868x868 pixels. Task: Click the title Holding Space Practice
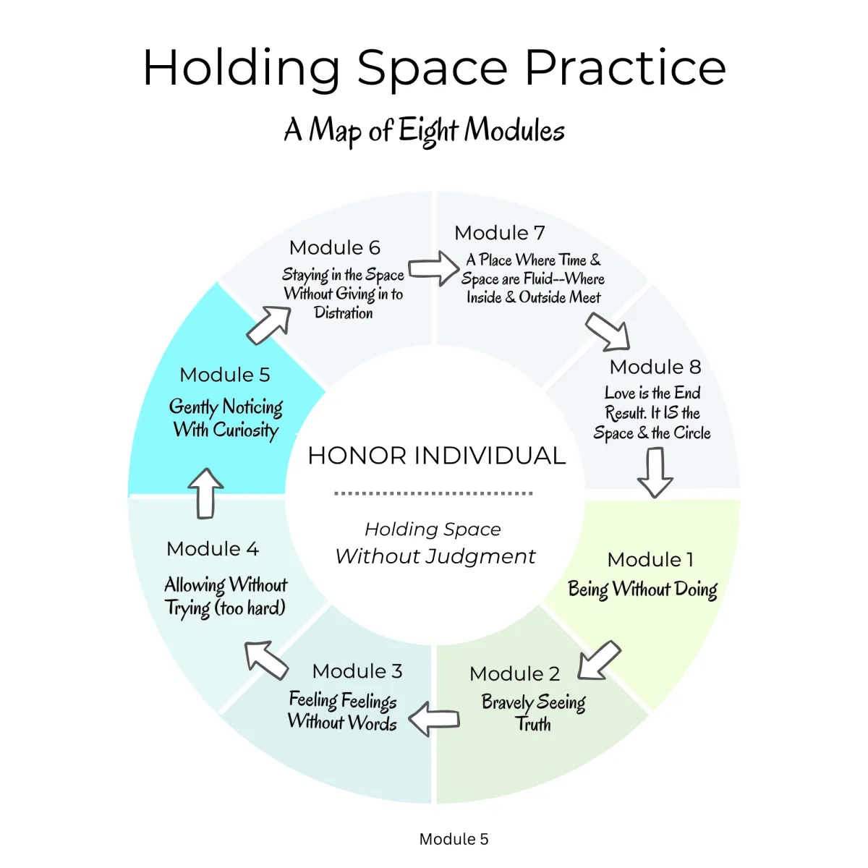click(x=434, y=69)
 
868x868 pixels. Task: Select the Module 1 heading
click(x=650, y=560)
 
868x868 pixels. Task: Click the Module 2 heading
click(x=514, y=674)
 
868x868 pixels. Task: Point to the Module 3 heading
click(x=357, y=671)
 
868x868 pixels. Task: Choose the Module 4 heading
click(x=213, y=548)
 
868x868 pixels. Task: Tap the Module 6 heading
click(x=335, y=248)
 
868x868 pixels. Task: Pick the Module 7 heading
click(x=500, y=233)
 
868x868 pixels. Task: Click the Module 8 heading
click(x=655, y=367)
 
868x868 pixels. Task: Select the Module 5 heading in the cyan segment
click(x=225, y=375)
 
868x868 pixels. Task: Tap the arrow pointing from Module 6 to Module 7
click(x=433, y=268)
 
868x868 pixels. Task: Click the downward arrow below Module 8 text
click(x=655, y=472)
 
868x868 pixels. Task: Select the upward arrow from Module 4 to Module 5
click(x=205, y=494)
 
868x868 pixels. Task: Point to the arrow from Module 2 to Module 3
click(x=434, y=719)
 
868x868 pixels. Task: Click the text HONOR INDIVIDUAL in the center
click(x=436, y=456)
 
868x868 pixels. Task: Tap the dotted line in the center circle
click(x=433, y=493)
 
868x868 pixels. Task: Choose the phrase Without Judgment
click(x=435, y=556)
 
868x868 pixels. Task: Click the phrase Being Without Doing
click(x=643, y=590)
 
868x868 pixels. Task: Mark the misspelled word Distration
click(x=344, y=312)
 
